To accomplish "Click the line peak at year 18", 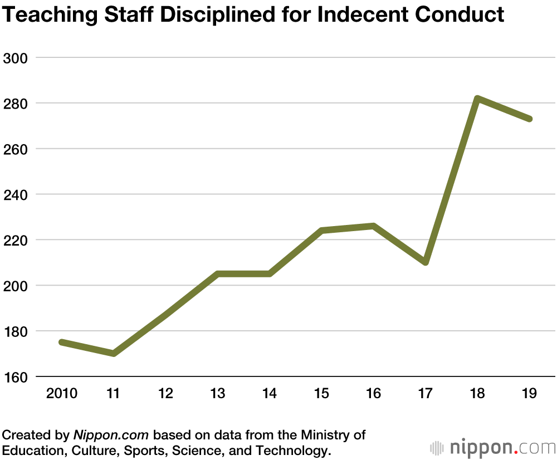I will (x=477, y=99).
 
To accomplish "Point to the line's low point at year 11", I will (x=114, y=353).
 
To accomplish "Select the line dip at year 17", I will (x=426, y=262).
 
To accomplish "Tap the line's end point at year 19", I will (x=530, y=119).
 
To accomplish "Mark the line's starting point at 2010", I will (x=62, y=342).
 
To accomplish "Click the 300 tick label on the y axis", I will (x=15, y=57).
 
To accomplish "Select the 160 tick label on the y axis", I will (x=15, y=377).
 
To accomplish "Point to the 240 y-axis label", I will (x=15, y=194).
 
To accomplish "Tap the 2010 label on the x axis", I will (x=61, y=394).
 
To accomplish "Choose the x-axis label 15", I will (x=321, y=394).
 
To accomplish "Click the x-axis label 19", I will (x=529, y=394).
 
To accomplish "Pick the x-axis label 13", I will (x=217, y=394).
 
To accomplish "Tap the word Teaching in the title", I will (x=44, y=14).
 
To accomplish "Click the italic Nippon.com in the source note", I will (x=113, y=434).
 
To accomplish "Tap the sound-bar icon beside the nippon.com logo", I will (x=437, y=448).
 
